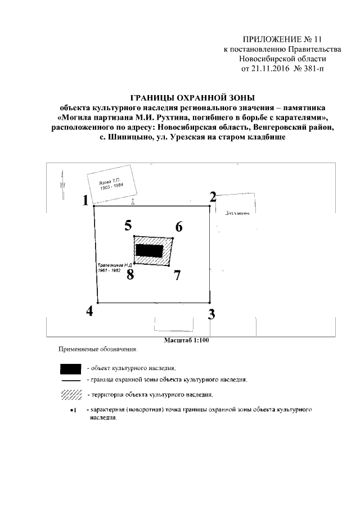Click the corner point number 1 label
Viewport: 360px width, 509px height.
(x=85, y=201)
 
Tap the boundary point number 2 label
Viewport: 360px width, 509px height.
(x=213, y=197)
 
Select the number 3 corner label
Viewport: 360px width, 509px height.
(x=211, y=314)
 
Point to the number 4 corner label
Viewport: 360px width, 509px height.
(x=89, y=311)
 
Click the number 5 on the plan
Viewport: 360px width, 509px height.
(x=128, y=226)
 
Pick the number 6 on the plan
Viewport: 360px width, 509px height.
(x=179, y=227)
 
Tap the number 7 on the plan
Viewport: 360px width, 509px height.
(x=177, y=275)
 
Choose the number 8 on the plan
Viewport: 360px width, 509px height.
(x=130, y=274)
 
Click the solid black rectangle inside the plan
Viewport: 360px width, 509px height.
(x=150, y=251)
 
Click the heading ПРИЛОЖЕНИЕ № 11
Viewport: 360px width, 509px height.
(x=274, y=40)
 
